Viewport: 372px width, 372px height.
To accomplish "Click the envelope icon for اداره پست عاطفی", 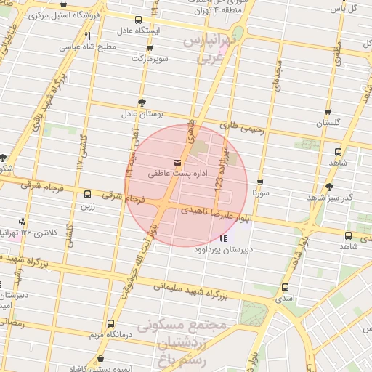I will [x=178, y=162].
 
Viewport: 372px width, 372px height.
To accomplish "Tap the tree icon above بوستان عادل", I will [x=141, y=103].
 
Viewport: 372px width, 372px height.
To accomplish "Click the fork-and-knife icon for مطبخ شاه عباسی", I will [x=88, y=35].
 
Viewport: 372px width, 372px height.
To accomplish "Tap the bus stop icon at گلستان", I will [x=328, y=112].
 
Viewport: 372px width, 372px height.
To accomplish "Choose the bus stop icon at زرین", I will [x=88, y=194].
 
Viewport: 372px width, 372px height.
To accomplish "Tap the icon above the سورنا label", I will [x=260, y=182].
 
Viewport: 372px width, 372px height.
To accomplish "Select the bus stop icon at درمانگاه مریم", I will [x=110, y=323].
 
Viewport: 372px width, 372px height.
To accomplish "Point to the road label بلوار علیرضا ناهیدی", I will [x=218, y=211].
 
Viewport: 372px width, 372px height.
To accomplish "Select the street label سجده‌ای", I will [x=277, y=73].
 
